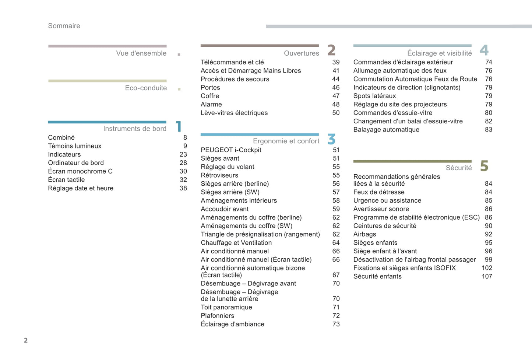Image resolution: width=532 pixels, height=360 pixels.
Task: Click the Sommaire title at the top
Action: [64, 26]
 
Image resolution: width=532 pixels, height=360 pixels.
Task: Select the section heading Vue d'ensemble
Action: [141, 53]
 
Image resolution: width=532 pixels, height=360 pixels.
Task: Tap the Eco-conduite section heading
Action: [146, 88]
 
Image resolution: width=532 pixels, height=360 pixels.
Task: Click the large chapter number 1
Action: [179, 126]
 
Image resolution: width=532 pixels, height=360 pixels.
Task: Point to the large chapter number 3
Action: [331, 139]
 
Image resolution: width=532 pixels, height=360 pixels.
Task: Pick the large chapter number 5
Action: [484, 166]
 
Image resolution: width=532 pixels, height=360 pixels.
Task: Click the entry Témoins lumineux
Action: [75, 146]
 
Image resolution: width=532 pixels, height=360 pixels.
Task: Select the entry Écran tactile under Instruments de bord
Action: [66, 180]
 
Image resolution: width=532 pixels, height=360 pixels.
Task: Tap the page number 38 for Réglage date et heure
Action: [183, 188]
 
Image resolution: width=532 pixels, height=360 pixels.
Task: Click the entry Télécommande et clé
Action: [232, 62]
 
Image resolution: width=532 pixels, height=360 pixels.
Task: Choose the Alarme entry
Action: [211, 105]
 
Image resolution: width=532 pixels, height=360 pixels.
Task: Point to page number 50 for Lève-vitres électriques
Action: [336, 113]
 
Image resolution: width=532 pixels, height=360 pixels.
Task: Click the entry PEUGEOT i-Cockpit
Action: [231, 150]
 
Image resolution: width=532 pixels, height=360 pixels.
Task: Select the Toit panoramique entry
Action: [226, 307]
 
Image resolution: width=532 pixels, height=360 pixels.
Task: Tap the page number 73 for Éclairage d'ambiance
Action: [336, 324]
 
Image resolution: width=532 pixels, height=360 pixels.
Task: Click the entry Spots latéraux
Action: [374, 96]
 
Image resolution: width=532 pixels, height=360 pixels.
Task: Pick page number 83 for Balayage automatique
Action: [488, 130]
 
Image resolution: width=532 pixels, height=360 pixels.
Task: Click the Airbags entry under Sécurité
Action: [364, 234]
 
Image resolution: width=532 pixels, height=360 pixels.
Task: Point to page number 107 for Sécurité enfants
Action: [487, 276]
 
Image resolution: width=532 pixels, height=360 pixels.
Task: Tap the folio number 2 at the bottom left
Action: [26, 340]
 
